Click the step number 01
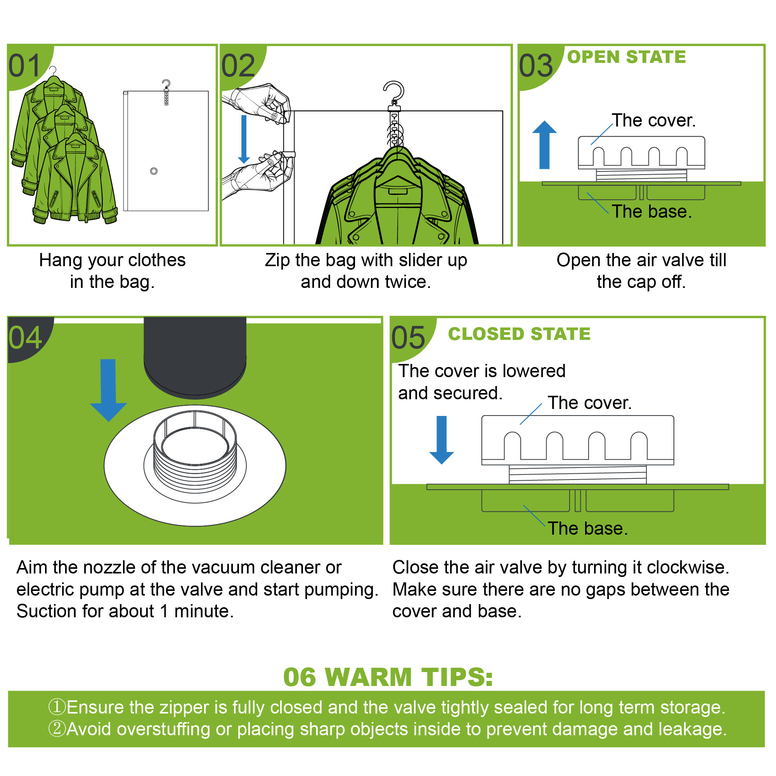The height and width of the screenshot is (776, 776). coord(25,66)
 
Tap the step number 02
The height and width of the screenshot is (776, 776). coord(238,66)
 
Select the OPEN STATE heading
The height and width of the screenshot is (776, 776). coord(626,57)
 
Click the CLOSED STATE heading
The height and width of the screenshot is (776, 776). coord(519,334)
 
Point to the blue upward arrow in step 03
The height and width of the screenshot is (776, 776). coord(544,145)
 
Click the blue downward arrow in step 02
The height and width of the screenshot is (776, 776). coord(244,139)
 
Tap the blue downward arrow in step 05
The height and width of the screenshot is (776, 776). coord(442,440)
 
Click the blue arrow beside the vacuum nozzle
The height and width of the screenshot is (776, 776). coord(108,390)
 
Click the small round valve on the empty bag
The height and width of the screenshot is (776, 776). coord(154,171)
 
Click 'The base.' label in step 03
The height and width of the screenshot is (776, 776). coord(651,212)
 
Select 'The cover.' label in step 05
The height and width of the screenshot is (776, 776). coord(590,403)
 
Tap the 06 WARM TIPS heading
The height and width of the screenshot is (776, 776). coord(388,677)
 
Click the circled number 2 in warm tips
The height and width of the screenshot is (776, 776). coord(57,729)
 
